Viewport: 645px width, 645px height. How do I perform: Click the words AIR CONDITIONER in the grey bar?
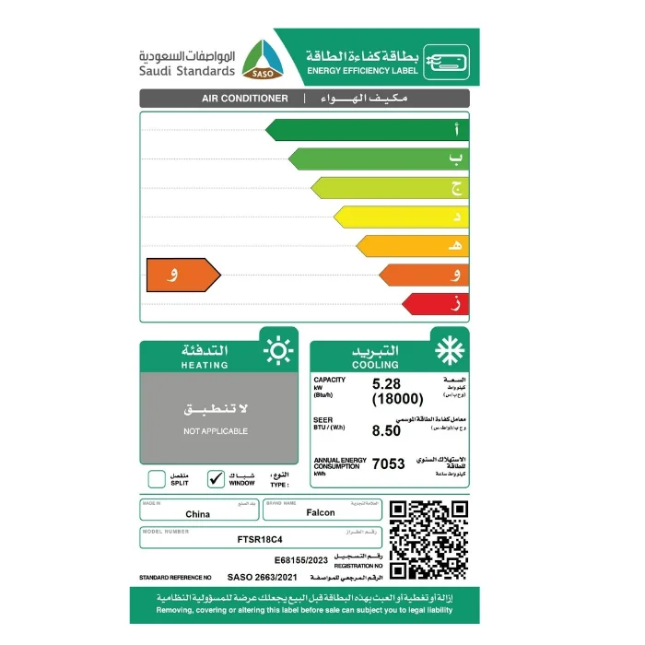(244, 99)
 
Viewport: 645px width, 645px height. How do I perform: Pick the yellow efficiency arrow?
(401, 217)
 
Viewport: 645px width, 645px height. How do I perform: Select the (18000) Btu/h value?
(397, 399)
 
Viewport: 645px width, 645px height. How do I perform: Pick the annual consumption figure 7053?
(389, 464)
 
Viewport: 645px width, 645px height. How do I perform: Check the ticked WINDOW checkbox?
(217, 478)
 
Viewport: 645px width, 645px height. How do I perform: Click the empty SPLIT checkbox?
(157, 478)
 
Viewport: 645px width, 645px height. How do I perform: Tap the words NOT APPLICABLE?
(216, 430)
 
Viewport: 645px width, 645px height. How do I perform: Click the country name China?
(197, 514)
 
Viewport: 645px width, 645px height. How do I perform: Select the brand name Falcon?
(320, 513)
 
